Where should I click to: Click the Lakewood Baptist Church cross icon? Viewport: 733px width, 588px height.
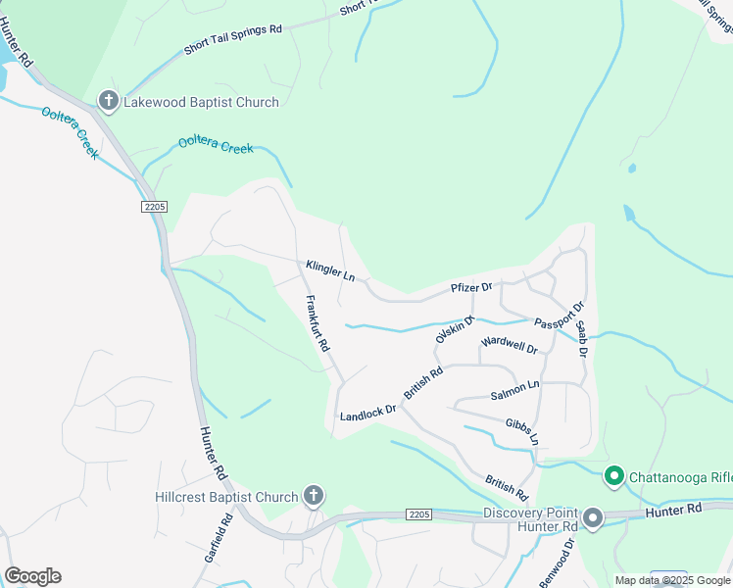108,101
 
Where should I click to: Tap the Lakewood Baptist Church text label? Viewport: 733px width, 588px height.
201,102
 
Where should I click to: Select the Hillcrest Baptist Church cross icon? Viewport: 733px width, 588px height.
314,496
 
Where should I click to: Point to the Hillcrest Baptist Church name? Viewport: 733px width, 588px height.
226,497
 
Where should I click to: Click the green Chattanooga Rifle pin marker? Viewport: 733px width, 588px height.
614,477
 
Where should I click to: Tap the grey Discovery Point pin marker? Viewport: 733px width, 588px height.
593,517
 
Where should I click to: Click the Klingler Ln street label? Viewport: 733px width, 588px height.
329,269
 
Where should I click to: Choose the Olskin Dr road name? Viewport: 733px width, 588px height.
456,329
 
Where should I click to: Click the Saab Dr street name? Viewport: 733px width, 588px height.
581,339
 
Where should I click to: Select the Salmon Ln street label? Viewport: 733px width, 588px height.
515,390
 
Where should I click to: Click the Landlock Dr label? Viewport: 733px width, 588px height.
368,414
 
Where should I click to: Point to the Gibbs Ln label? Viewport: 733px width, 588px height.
522,431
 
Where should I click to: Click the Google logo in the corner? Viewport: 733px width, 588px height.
32,576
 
